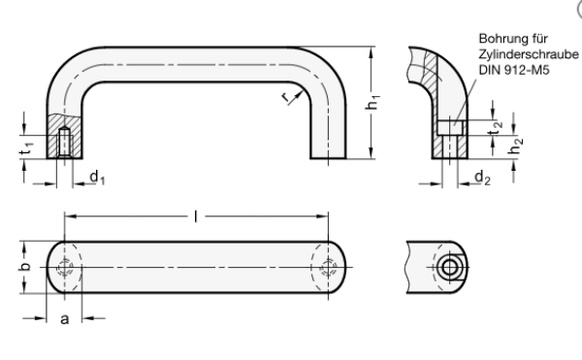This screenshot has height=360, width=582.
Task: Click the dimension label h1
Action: [x=372, y=103]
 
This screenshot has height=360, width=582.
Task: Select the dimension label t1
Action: [x=27, y=148]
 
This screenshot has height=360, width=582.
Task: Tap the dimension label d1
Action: [x=97, y=177]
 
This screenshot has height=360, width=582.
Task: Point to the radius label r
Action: [x=285, y=97]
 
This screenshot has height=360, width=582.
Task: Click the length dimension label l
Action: [x=196, y=216]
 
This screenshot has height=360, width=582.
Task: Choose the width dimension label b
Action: [x=24, y=267]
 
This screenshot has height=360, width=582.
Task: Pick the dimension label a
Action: [x=65, y=319]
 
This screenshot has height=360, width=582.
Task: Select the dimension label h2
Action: [x=516, y=146]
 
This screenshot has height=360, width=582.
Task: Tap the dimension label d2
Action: [x=482, y=178]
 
